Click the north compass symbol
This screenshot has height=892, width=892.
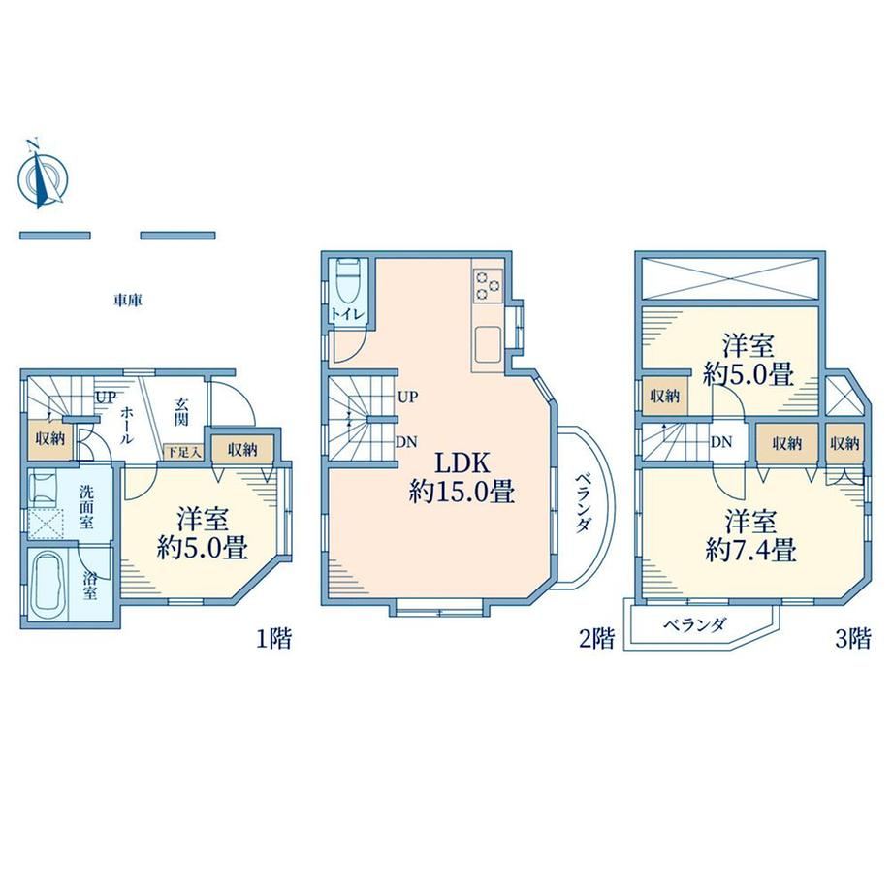(x=43, y=175)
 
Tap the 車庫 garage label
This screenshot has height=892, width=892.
(x=127, y=301)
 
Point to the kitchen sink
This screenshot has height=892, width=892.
(x=488, y=344)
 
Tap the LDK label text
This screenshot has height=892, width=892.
(x=462, y=463)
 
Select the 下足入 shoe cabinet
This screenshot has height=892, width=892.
(x=182, y=452)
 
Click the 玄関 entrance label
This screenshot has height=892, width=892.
(x=181, y=412)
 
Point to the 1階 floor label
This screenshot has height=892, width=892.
(x=273, y=639)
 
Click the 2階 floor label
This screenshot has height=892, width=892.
(x=596, y=639)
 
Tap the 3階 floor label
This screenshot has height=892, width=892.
(x=853, y=639)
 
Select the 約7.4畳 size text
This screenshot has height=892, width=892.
(x=750, y=550)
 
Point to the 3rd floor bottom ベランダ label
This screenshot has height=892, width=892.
(x=694, y=625)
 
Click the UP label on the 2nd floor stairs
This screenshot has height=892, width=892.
(x=407, y=397)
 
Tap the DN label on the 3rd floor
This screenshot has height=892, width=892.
(x=721, y=441)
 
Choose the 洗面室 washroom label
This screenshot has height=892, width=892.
(x=86, y=507)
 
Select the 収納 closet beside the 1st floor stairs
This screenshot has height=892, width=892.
(x=50, y=438)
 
